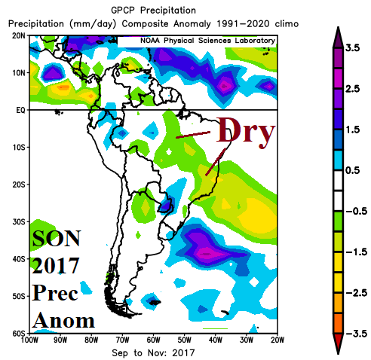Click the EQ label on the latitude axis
point(17,110)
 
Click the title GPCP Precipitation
point(155,10)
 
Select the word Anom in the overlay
point(63,319)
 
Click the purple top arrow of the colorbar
point(331,26)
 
